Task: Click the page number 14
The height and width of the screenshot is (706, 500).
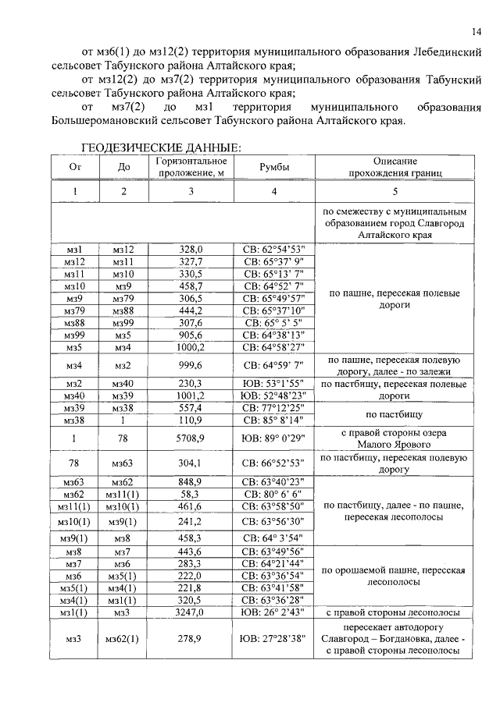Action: coord(476,31)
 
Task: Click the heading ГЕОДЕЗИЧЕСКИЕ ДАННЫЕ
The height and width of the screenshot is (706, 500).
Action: coord(162,147)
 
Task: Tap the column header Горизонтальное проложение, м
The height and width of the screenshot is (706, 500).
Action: coord(190,166)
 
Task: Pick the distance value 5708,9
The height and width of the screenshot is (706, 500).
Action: coord(190,438)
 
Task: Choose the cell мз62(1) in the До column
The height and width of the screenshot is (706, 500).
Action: coord(122,640)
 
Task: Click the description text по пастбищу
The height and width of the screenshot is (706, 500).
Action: coord(395,414)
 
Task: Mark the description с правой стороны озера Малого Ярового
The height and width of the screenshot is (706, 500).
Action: coord(395,438)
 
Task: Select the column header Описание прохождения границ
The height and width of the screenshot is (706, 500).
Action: coord(395,166)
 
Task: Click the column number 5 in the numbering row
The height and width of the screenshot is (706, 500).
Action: coord(395,192)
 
